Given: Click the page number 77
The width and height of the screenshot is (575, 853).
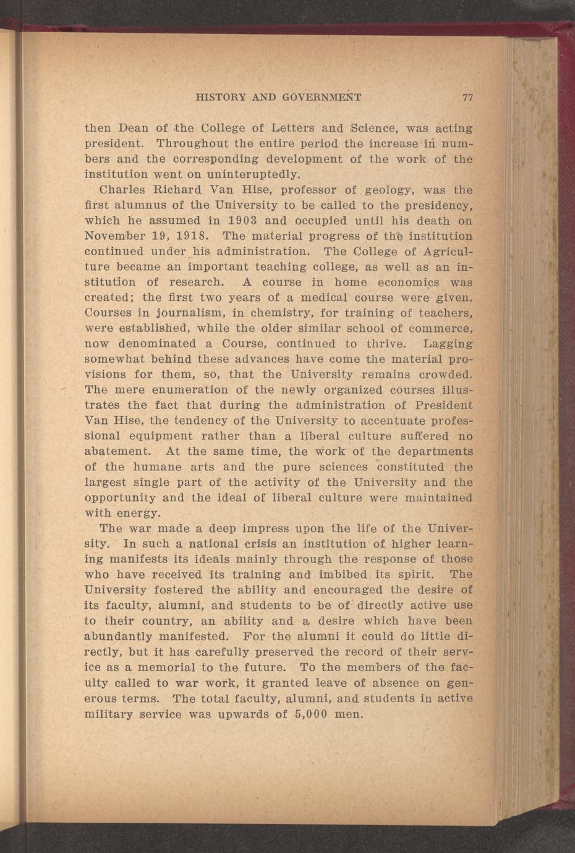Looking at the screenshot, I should tap(467, 98).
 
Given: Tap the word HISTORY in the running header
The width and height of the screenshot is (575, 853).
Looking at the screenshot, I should tap(219, 98).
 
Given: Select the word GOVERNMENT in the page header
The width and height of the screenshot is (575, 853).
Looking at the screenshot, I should tap(322, 98).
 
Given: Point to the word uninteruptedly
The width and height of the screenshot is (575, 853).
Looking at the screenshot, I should tap(239, 175).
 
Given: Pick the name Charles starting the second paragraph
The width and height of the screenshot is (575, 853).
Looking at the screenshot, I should tap(126, 190).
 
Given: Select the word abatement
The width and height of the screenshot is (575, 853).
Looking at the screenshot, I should tap(117, 451).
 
